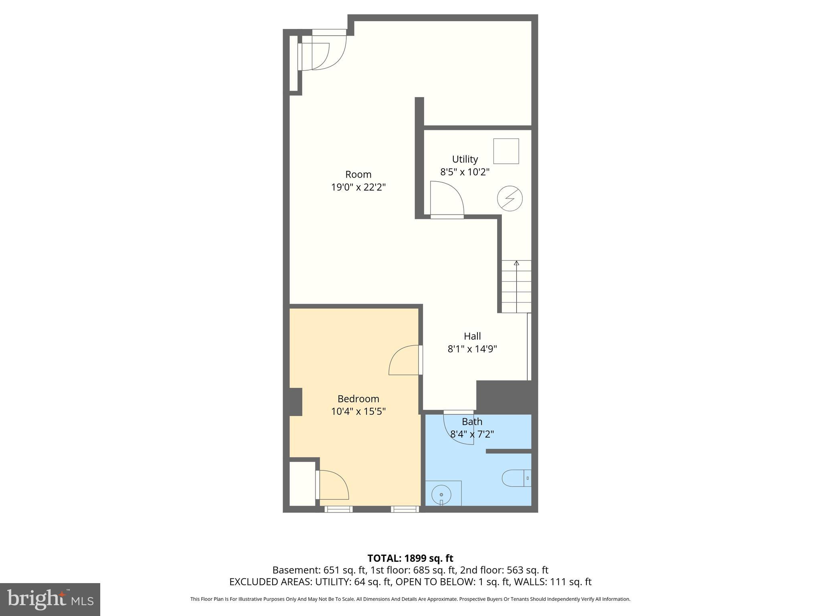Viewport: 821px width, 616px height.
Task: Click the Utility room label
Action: point(465,159)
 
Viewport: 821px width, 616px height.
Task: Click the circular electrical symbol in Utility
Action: point(510,198)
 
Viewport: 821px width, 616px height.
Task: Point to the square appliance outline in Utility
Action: point(506,151)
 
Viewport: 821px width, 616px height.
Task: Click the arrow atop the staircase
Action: point(516,263)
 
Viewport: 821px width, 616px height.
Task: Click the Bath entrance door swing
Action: point(458,428)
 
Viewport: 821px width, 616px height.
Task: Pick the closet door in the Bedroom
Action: point(333,485)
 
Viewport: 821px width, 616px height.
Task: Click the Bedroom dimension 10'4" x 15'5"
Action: point(358,411)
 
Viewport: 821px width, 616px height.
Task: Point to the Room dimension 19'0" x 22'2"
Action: point(358,187)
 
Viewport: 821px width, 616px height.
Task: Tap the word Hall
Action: point(472,336)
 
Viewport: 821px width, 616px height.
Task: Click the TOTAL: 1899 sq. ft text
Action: point(410,558)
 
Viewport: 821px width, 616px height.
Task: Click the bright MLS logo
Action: point(50,599)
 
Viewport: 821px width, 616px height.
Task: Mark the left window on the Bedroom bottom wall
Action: point(338,509)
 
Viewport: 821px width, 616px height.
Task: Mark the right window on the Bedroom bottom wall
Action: point(405,509)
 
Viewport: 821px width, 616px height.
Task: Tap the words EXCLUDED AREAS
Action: point(271,582)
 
